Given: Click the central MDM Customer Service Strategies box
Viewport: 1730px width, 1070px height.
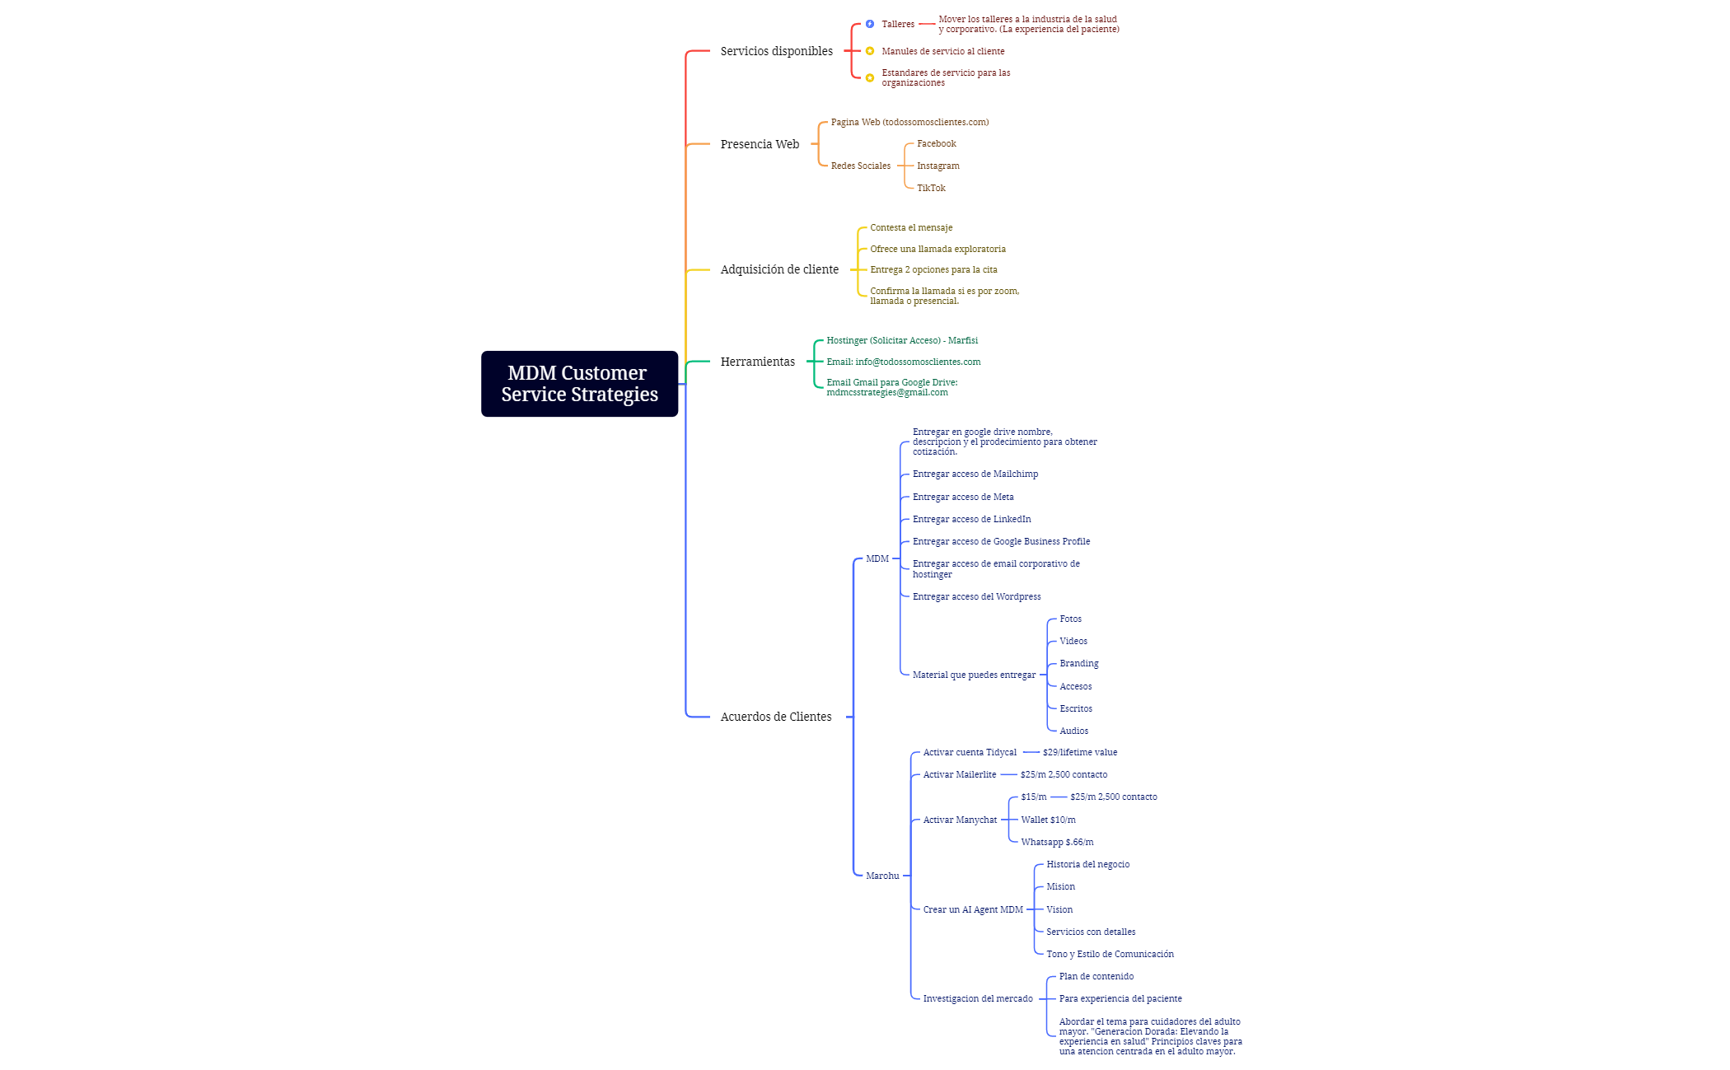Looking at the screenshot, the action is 579,384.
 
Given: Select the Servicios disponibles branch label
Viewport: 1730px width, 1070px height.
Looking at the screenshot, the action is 776,51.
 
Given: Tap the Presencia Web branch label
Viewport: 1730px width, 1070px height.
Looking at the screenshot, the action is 760,144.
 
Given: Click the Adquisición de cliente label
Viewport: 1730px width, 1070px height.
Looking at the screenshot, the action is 779,269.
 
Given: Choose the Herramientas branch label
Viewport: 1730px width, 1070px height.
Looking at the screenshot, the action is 758,362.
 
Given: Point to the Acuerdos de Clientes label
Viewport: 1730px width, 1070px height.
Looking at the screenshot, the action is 776,717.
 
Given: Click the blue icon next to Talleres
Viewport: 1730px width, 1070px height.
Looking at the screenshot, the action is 870,24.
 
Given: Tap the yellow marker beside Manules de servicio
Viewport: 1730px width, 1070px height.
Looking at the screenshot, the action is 870,51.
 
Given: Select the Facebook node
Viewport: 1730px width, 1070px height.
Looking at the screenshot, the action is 937,143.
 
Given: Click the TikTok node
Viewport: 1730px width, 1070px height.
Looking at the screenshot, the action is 931,188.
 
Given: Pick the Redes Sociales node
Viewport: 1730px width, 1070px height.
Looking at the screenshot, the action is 861,166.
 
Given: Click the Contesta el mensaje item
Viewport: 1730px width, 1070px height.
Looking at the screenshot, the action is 911,227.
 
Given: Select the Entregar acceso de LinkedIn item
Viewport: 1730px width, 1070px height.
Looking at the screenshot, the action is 972,519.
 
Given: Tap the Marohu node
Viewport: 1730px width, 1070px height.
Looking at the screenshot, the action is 882,876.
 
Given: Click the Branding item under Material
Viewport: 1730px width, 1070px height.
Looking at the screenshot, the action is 1079,663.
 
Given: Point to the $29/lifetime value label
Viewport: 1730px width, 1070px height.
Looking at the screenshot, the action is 1080,752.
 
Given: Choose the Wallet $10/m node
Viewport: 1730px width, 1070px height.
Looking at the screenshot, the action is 1048,820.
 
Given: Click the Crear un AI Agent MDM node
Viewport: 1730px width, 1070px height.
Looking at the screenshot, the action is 973,909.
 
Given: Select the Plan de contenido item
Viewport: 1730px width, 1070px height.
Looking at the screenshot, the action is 1096,976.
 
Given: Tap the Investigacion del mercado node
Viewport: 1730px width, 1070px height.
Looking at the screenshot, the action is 978,998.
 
